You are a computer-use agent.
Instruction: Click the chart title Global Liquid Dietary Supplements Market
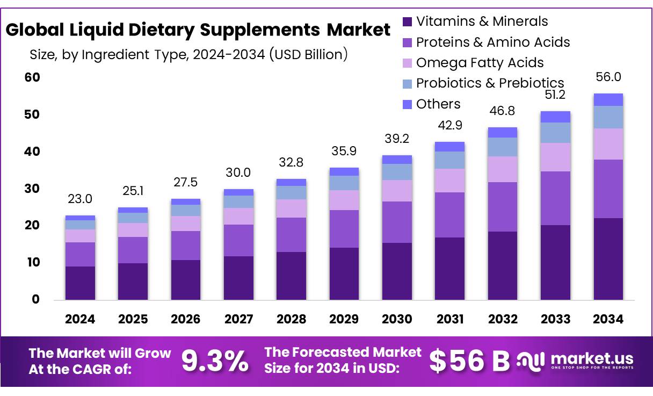coord(198,30)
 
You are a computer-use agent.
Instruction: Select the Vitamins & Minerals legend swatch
coord(408,22)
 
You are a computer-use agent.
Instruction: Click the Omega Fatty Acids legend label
coord(480,63)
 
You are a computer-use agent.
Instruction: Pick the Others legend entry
coord(438,104)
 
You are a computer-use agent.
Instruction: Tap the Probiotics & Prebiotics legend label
coord(490,83)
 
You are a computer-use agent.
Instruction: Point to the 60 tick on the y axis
coord(32,77)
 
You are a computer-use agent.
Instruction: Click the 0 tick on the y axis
coord(35,299)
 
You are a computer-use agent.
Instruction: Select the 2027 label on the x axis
coord(238,319)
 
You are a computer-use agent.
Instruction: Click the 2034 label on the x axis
coord(608,319)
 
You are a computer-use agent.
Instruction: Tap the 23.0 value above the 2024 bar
coord(80,199)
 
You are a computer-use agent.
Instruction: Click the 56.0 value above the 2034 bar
coord(608,77)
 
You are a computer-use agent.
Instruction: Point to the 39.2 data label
coord(397,139)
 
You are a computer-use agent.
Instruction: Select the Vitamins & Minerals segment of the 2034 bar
coord(608,258)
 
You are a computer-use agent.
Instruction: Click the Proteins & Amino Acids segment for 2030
coord(397,222)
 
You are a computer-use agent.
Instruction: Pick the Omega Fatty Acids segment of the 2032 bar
coord(503,169)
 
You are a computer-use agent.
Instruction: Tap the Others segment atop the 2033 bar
coord(555,117)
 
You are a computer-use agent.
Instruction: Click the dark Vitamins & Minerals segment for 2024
coord(80,283)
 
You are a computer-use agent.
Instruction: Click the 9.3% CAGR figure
coord(215,361)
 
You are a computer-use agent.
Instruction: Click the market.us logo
coord(575,360)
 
